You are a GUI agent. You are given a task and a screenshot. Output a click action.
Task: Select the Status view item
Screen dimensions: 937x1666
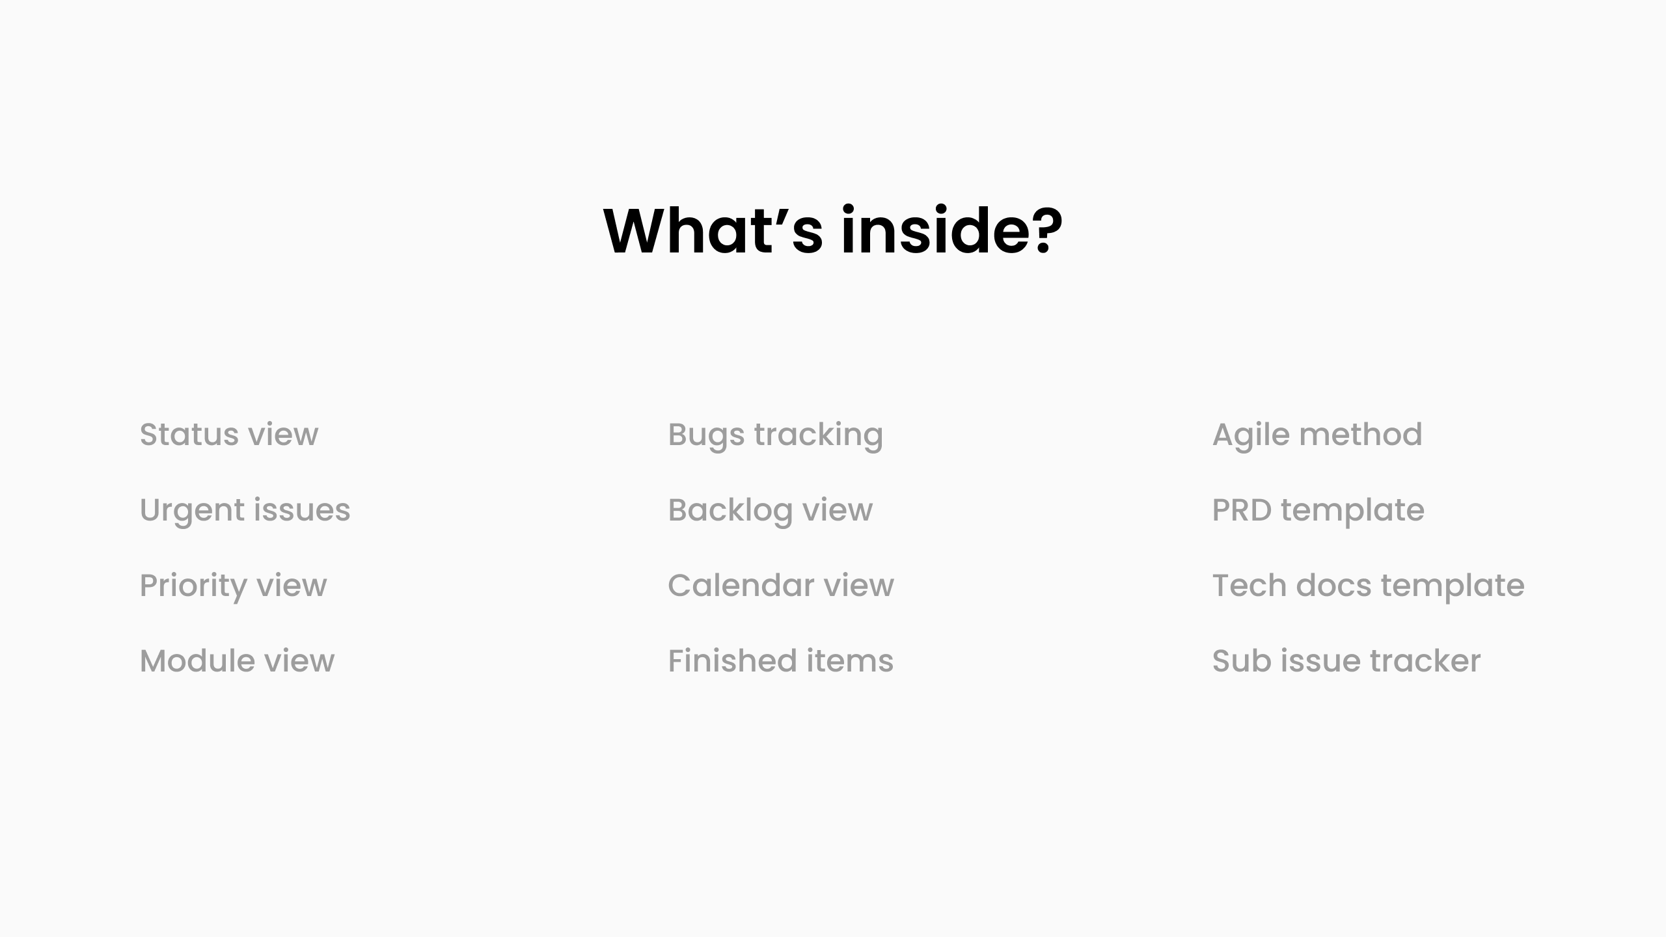[x=229, y=435]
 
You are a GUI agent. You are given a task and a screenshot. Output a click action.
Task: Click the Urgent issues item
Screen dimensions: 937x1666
[x=245, y=510]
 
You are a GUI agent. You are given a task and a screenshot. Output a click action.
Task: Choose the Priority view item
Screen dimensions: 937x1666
[x=233, y=586]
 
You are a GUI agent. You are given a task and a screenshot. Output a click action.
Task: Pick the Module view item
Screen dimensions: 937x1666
[x=237, y=661]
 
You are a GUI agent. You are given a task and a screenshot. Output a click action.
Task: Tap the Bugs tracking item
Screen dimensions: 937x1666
[x=775, y=435]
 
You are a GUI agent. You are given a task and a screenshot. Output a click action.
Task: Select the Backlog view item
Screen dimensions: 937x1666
[x=770, y=510]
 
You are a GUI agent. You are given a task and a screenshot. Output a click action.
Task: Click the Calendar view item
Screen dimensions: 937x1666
[x=780, y=586]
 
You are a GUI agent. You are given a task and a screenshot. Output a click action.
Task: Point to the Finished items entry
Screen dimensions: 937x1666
[x=780, y=661]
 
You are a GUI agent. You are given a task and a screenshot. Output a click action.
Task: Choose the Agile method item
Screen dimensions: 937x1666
[x=1317, y=435]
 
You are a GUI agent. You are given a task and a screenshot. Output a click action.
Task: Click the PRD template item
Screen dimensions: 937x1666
[x=1318, y=510]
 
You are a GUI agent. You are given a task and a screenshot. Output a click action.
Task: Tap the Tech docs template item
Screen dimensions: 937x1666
[x=1368, y=586]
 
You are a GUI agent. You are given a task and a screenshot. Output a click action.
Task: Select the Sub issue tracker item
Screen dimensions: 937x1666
[x=1346, y=661]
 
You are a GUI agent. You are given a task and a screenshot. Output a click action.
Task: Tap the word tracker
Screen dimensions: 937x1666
[x=1425, y=661]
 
